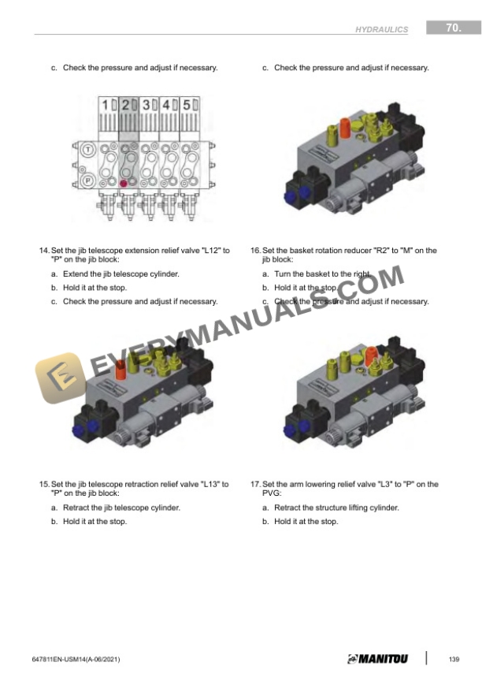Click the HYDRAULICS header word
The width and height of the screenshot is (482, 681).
[381, 29]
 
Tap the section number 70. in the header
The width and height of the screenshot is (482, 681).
[454, 28]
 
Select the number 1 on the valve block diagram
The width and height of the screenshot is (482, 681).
[105, 105]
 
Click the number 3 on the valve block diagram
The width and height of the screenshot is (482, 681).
[146, 105]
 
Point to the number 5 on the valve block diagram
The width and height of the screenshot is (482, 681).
[187, 105]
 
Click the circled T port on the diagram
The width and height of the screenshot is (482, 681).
[88, 150]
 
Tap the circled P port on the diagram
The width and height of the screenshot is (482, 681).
[88, 180]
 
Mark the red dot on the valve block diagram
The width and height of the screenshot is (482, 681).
[124, 184]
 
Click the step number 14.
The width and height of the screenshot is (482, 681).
[44, 251]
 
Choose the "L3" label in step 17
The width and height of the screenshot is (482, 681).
[385, 484]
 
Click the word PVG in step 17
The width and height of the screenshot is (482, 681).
[272, 493]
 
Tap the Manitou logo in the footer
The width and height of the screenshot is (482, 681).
[378, 659]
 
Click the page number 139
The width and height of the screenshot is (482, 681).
[454, 659]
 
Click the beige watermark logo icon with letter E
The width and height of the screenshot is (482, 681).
[61, 378]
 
